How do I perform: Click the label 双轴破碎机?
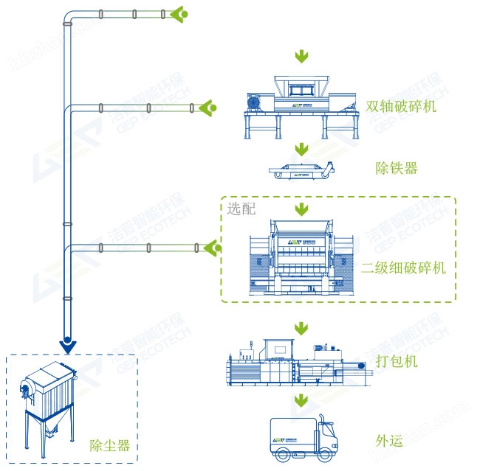[x=401, y=106]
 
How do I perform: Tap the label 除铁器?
[x=397, y=168]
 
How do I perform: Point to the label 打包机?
[x=397, y=361]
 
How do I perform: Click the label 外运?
[x=389, y=441]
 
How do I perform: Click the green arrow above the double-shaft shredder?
[x=301, y=57]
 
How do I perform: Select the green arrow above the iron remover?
[x=301, y=150]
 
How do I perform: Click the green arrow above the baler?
[x=301, y=327]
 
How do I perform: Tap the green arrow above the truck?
[x=301, y=400]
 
